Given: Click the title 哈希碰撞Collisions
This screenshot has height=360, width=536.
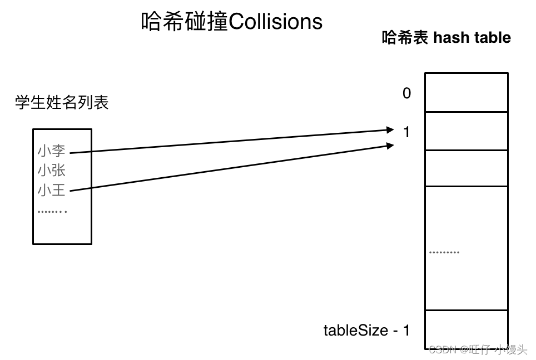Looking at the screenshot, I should pos(232,22).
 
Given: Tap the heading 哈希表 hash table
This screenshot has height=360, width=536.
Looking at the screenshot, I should pos(446,38).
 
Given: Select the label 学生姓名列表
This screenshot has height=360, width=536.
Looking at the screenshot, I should pos(62,103).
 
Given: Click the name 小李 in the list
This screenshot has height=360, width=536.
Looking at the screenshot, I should pos(52,151).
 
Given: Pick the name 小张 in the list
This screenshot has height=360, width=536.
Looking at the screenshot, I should pos(52,171).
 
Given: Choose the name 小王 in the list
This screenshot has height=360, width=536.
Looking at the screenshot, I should pos(52,191).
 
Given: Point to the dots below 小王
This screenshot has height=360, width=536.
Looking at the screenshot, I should pos(52,211).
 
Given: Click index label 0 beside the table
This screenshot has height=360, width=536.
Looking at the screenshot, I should pos(407,93).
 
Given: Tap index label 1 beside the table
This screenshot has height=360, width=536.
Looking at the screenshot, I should pos(406,132).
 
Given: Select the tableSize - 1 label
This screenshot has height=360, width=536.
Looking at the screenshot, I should pos(366,330).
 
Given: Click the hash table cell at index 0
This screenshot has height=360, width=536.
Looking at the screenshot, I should pos(466,92).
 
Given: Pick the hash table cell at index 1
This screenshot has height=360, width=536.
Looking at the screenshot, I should pos(466,131).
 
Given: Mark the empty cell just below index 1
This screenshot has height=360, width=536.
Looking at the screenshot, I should pos(466,168).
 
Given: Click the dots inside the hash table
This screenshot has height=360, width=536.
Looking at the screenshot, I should pos(444,252).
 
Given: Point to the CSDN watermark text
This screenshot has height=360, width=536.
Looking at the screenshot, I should pos(478,350).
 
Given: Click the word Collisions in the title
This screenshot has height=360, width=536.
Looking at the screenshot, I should pos(276,22).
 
